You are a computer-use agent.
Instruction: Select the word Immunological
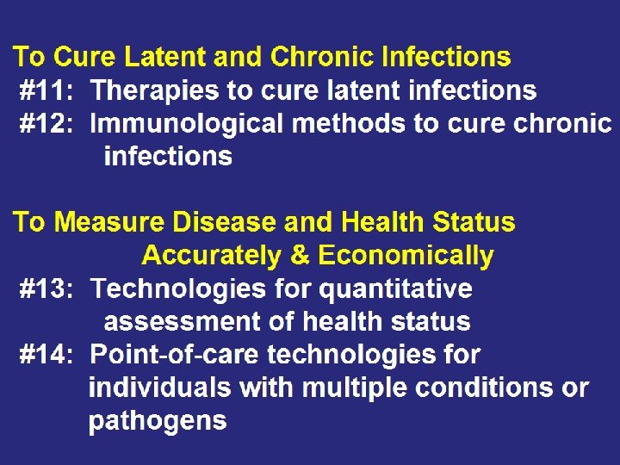(x=186, y=123)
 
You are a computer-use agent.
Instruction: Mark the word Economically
(x=406, y=256)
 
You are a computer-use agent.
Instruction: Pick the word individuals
(x=159, y=387)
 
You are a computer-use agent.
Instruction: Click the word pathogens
(x=158, y=421)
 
